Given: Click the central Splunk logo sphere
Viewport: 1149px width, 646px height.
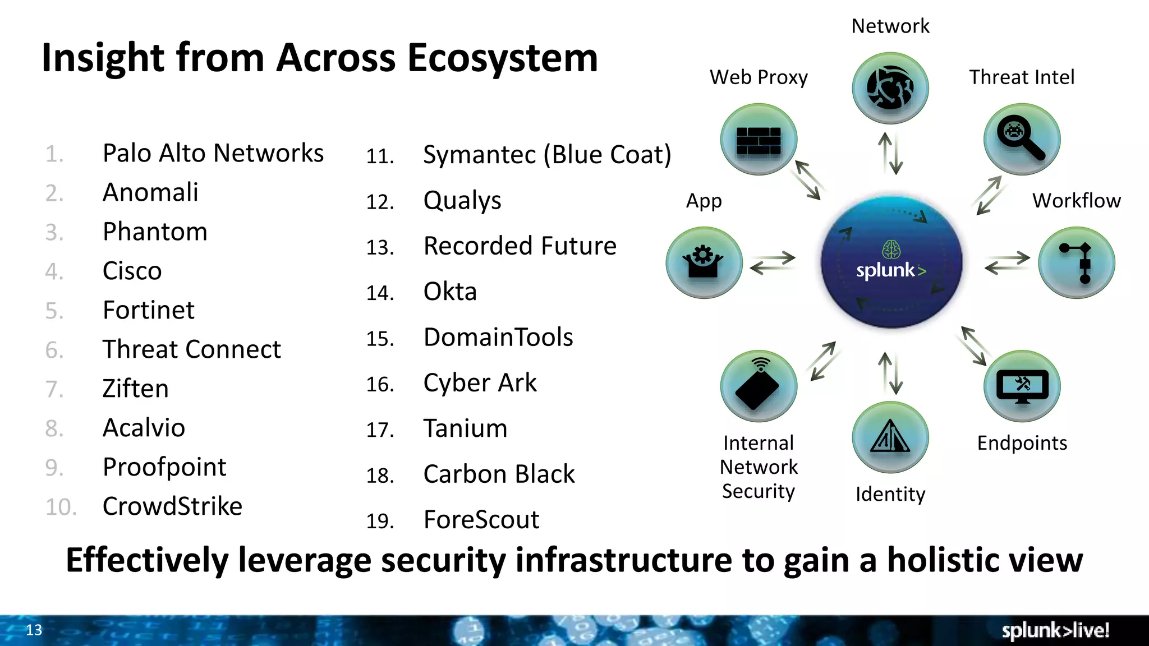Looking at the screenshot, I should point(891,262).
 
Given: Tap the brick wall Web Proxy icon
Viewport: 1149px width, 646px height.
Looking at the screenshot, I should point(759,140).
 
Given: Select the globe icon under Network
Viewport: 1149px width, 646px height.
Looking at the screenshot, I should point(890,88).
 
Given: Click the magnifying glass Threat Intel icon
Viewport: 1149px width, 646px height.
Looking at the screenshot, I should point(1022,140).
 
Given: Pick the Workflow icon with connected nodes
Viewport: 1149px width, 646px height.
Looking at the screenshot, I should point(1076,262).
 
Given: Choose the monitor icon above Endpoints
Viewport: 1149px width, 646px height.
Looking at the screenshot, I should point(1022,386).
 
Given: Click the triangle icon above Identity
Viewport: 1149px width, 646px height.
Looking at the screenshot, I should point(890,437).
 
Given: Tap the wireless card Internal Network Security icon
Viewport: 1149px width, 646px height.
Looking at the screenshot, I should point(759,386).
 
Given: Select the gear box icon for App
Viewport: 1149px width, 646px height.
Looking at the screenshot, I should point(704,262).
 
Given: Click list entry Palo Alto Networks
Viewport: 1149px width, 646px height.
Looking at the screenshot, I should point(213,153).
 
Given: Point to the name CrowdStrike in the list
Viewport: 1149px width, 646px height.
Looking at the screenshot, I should point(172,506).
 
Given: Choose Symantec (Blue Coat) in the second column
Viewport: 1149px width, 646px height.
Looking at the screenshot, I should point(547,155).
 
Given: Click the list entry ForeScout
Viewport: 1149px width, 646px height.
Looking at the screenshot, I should point(481,520).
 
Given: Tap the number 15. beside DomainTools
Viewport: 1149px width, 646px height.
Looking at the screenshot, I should point(380,339).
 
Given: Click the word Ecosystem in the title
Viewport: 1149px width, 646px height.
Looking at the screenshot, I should point(503,58).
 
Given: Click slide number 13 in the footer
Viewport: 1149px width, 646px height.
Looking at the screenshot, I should point(34,630).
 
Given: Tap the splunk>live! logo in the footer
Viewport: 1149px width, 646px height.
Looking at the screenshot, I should point(1055,630).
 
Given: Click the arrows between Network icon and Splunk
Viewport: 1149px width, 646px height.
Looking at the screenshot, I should point(890,153).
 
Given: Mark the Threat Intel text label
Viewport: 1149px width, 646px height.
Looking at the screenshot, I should point(1022,77).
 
